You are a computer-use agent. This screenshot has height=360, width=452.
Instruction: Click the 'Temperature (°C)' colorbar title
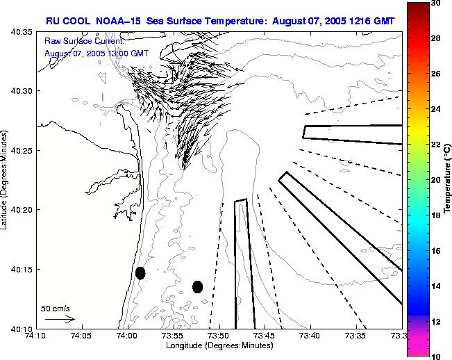[x=449, y=179]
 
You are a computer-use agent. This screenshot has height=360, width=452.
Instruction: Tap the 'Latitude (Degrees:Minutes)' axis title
[x=6, y=179]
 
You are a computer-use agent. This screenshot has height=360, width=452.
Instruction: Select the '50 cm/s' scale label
[x=56, y=308]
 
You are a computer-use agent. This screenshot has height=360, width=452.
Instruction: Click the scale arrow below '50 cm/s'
[x=59, y=319]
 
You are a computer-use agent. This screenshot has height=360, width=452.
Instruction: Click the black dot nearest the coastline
[x=140, y=273]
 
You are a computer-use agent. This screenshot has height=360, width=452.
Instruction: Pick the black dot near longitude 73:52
[x=197, y=286]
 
